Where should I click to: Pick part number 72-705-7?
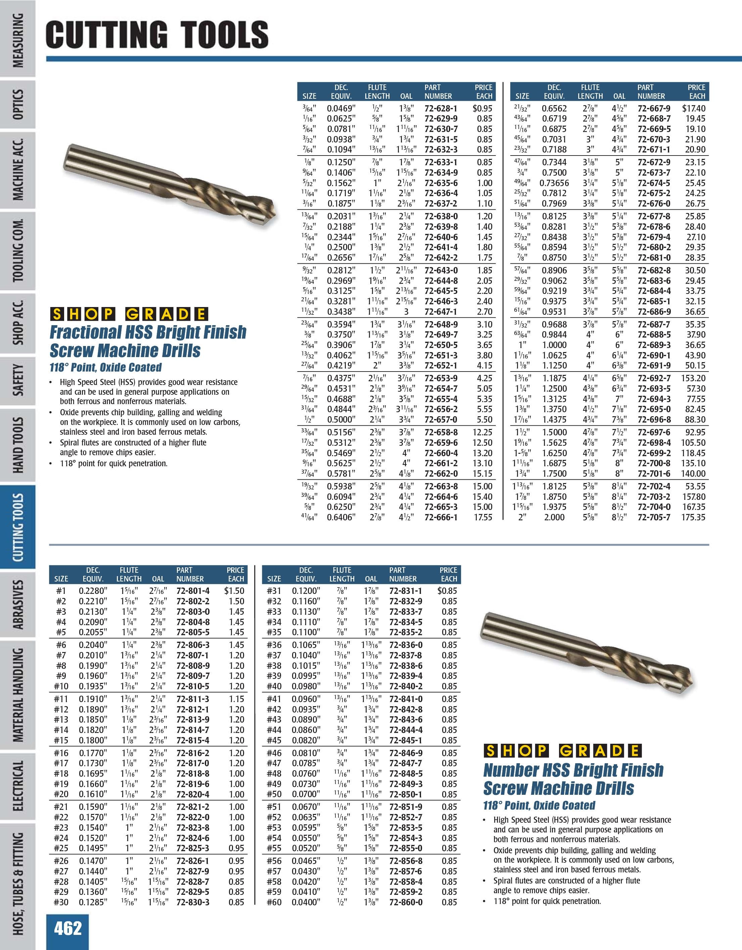[654, 517]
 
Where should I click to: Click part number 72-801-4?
[193, 591]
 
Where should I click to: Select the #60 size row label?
[274, 902]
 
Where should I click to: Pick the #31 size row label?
[274, 591]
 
